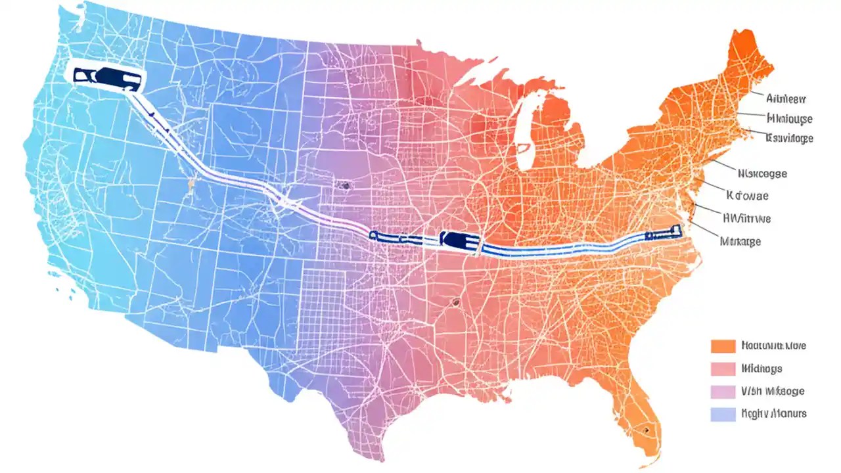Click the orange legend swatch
point(723,346)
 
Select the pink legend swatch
point(723,369)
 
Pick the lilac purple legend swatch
point(723,392)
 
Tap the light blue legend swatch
point(723,414)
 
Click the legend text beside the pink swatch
point(761,369)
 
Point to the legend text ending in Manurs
point(773,414)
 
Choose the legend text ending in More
point(773,346)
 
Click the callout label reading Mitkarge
point(740,241)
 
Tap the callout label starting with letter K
point(747,196)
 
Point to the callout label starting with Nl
point(762,174)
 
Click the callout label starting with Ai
point(786,99)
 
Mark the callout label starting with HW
point(746,218)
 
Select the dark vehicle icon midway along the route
point(460,240)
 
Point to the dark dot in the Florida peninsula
point(647,430)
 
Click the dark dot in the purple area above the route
point(344,186)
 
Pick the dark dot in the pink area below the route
point(454,303)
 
